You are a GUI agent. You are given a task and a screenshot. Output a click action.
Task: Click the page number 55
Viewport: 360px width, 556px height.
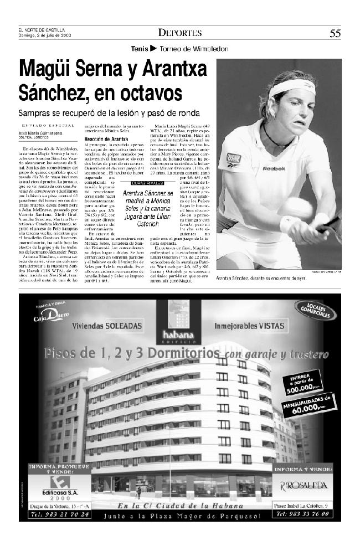[335, 33]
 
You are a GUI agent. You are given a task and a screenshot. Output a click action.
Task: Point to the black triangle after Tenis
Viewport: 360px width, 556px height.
[153, 49]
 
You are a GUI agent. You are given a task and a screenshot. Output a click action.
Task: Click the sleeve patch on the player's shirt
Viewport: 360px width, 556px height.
[233, 158]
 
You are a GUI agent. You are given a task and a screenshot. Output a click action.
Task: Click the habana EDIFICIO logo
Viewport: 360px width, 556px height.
[178, 327]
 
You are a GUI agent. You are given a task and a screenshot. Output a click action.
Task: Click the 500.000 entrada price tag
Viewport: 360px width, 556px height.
[299, 382]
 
